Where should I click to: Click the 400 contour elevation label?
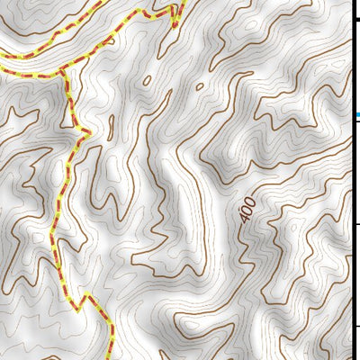[x=247, y=209]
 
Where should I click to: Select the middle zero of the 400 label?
[x=247, y=209]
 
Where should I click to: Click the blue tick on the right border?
[x=356, y=115]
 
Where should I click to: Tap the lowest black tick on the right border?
[x=356, y=326]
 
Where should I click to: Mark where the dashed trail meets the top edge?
[x=181, y=2]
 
